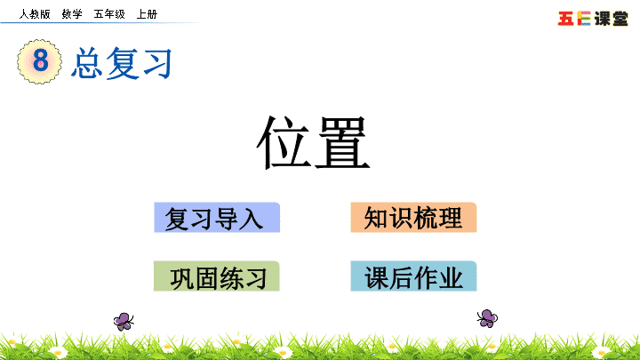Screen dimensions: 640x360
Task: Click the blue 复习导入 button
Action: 217,218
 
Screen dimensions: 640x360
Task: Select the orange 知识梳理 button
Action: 413,218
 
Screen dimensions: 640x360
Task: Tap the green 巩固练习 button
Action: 217,276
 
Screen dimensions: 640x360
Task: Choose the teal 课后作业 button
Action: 413,276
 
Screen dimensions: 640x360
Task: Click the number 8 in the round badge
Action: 40,60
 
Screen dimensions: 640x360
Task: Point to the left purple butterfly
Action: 124,321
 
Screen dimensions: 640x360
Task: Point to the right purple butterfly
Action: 487,318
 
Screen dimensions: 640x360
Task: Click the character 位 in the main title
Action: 284,141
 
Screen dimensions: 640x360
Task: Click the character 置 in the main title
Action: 342,141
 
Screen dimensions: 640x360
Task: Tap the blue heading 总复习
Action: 121,63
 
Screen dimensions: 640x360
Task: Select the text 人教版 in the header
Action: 35,14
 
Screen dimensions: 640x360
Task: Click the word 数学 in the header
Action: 72,14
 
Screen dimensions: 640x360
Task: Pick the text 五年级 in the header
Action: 109,14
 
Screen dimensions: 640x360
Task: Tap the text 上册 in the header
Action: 147,14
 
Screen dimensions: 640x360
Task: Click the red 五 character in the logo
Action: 565,19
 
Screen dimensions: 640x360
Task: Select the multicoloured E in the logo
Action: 584,19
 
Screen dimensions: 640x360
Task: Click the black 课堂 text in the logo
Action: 611,19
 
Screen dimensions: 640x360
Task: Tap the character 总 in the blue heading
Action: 86,63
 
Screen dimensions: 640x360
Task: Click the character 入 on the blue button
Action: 251,219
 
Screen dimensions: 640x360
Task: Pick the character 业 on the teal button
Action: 451,278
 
